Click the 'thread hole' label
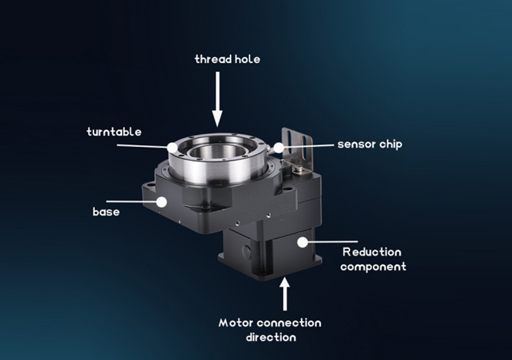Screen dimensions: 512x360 [228, 59]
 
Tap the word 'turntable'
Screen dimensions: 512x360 [114, 132]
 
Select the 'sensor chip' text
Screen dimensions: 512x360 [370, 145]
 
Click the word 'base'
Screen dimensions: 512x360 [106, 212]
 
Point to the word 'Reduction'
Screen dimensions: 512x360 [372, 252]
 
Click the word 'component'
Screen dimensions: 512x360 [373, 267]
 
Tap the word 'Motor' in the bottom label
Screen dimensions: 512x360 [236, 323]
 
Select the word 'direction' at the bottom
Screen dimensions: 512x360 [271, 337]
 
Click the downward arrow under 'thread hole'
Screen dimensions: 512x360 [217, 99]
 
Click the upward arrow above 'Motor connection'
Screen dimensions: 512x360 [284, 294]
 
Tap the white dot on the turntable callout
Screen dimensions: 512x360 [173, 147]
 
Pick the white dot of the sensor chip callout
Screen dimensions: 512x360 [279, 148]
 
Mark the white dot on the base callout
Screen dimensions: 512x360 [161, 202]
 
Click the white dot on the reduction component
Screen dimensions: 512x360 [303, 242]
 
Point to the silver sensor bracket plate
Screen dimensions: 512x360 [298, 148]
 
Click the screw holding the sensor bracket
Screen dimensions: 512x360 [299, 169]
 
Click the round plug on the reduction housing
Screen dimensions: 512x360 [247, 251]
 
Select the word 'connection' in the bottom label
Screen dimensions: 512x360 [289, 323]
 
